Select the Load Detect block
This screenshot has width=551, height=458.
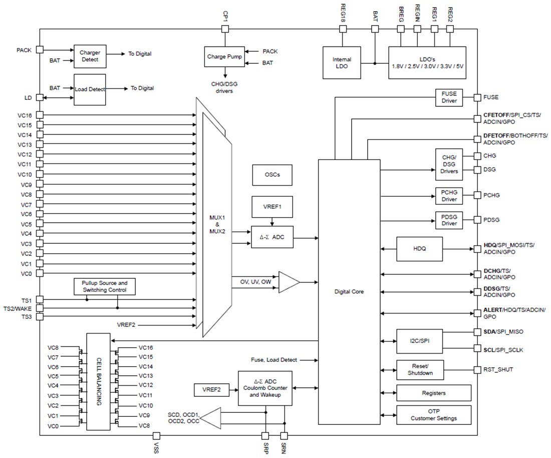coord(90,89)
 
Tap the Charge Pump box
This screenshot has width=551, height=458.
coord(224,57)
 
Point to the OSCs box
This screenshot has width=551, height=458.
coord(272,175)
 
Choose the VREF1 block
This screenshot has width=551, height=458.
coord(272,206)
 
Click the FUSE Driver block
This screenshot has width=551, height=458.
coord(449,97)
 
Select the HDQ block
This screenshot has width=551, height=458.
coord(420,249)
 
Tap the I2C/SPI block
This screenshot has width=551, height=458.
coord(420,341)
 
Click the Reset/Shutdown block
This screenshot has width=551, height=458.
coord(420,370)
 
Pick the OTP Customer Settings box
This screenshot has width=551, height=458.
coord(434,415)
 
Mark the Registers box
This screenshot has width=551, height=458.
coord(434,393)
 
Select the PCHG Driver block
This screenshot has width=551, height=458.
coord(449,196)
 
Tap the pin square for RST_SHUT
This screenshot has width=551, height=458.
coord(476,370)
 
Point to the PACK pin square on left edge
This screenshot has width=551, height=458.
coord(40,50)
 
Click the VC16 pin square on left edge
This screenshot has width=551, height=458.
coord(40,115)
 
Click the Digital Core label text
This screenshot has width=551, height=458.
coord(349,291)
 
